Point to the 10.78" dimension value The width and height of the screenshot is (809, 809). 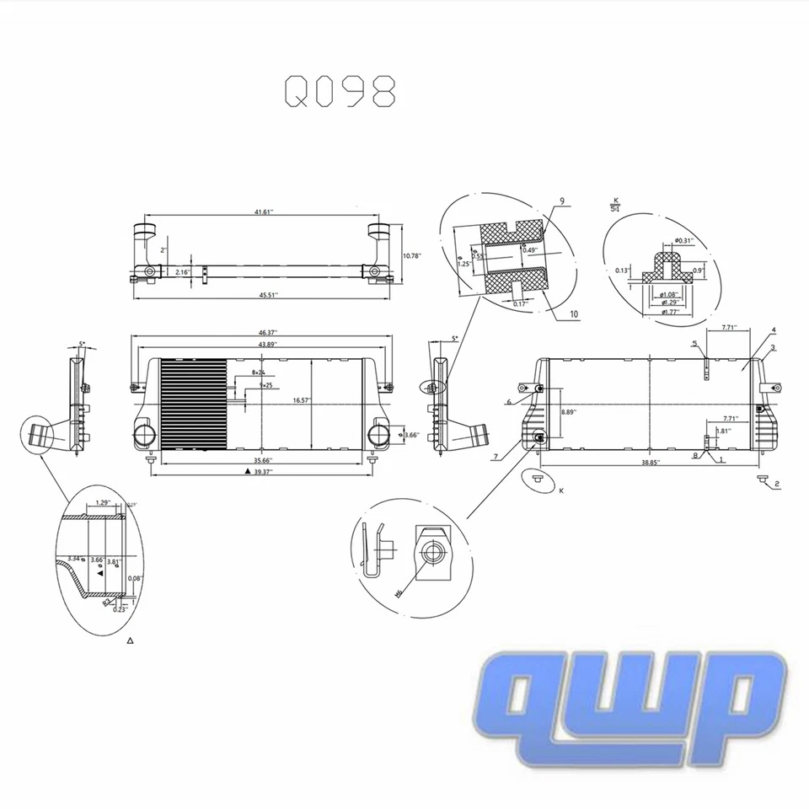coord(412,255)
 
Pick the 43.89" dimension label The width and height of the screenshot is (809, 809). coord(269,344)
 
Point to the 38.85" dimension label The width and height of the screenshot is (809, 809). coord(650,463)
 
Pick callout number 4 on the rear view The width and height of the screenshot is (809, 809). coord(773,329)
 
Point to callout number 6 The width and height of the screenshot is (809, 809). coord(510,402)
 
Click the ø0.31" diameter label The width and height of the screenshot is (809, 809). coord(683,240)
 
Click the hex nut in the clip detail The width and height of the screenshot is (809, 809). coord(431,553)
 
